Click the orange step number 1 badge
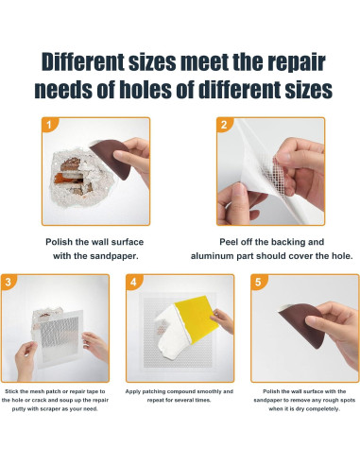(x=49, y=125)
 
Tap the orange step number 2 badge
(x=224, y=125)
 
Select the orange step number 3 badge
(x=8, y=281)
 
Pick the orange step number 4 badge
(x=133, y=281)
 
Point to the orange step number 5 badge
(x=258, y=281)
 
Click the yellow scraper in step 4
(x=196, y=319)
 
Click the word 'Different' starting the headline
(x=83, y=62)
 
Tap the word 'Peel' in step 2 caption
(x=229, y=242)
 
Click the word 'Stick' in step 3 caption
(x=11, y=391)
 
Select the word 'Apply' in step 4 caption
(x=133, y=391)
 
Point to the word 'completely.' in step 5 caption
(x=322, y=409)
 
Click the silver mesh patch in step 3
(x=59, y=336)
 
